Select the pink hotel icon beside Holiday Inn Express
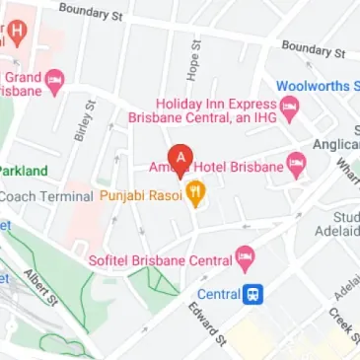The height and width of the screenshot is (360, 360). [290, 105]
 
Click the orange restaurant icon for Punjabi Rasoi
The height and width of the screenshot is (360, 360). [195, 194]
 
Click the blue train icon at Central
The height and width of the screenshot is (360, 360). [254, 293]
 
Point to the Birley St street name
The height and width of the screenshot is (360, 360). [84, 120]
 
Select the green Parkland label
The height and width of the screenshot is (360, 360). [23, 170]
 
